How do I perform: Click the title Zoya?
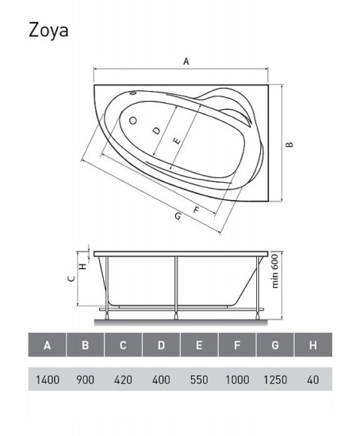[50, 30]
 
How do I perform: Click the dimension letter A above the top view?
[185, 62]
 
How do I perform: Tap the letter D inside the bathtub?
[156, 131]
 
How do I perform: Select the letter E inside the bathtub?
[176, 141]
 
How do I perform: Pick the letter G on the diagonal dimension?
[177, 216]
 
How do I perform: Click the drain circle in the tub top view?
[134, 120]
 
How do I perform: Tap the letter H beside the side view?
[84, 262]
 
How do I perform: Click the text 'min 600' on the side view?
[275, 271]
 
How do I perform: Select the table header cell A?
[47, 346]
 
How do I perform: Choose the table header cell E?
[199, 346]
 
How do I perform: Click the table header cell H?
[313, 346]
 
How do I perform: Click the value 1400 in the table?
[47, 380]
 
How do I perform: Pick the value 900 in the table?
[85, 380]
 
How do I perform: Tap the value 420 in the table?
[123, 380]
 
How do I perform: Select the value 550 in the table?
[199, 380]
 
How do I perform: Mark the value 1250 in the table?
[275, 380]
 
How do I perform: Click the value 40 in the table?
[313, 380]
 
